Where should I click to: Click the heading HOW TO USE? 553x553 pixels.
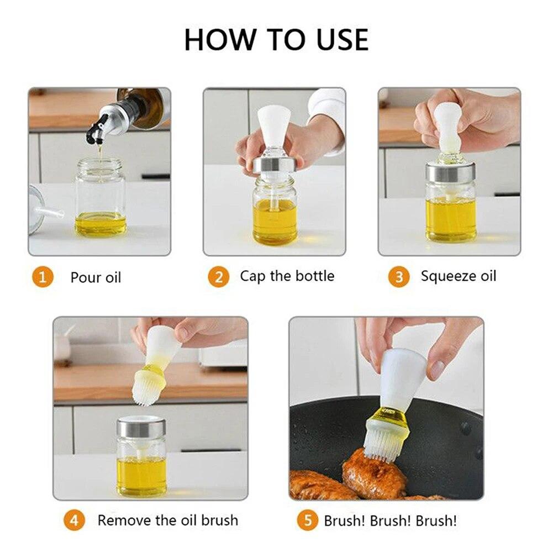(276, 40)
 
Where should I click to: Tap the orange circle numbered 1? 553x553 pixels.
(43, 276)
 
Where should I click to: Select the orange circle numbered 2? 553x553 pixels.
(218, 276)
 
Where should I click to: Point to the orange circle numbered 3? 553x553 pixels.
(398, 276)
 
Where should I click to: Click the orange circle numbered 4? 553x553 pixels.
(74, 520)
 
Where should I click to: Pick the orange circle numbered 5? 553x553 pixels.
(308, 520)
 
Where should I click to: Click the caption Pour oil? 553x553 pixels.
(96, 277)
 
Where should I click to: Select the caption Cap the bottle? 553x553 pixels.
(287, 276)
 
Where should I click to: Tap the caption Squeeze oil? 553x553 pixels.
(459, 276)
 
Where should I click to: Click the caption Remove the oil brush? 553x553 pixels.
(167, 520)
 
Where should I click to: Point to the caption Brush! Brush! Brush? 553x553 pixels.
(390, 520)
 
